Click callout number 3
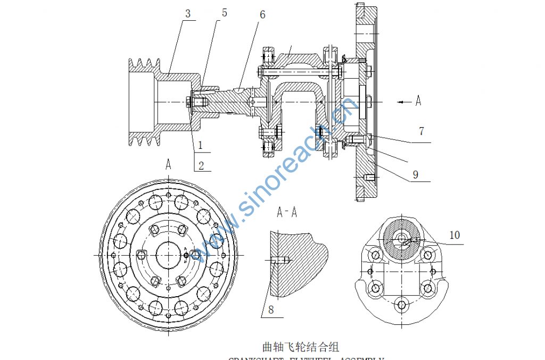(x=187, y=14)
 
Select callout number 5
(x=224, y=13)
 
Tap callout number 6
(x=262, y=14)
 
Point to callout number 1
(x=201, y=144)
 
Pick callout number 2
(x=201, y=165)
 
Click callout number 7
(x=421, y=131)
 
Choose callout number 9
(x=416, y=174)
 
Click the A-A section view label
(x=287, y=212)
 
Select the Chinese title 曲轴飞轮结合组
(x=301, y=348)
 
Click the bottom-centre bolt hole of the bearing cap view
(x=402, y=305)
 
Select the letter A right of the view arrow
(x=418, y=101)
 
